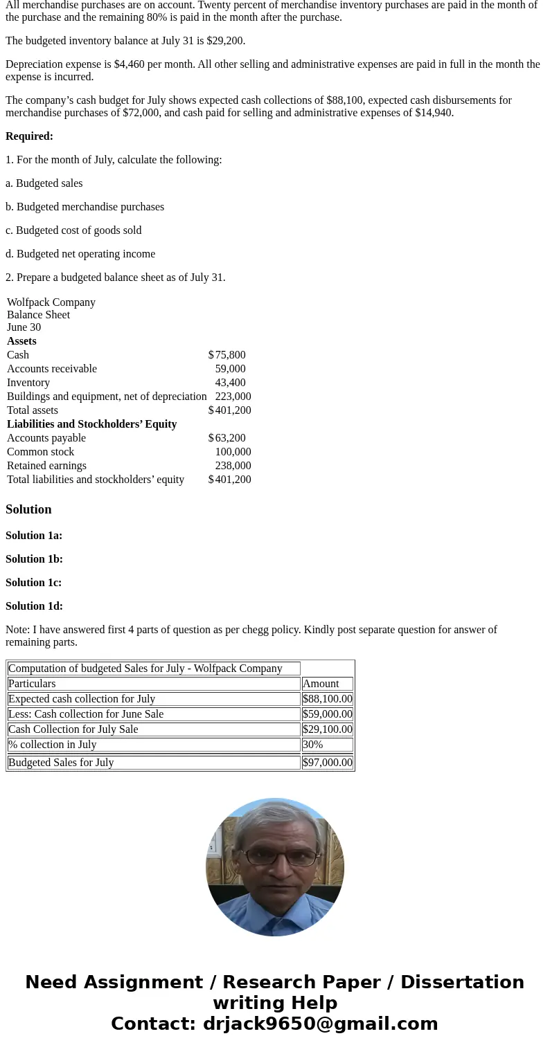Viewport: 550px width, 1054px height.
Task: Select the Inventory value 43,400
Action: click(230, 383)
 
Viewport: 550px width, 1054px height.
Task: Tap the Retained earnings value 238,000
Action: click(233, 466)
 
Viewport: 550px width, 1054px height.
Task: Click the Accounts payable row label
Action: click(46, 438)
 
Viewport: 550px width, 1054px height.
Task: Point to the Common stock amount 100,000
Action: click(233, 452)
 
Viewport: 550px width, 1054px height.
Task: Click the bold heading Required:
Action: click(29, 136)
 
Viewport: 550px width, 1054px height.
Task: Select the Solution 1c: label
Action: click(34, 583)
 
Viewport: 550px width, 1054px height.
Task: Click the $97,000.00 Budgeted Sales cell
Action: click(328, 763)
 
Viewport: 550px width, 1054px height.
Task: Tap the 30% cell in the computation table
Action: click(313, 745)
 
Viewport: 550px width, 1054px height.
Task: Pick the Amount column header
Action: click(321, 684)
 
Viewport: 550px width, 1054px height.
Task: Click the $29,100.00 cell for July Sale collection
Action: click(328, 729)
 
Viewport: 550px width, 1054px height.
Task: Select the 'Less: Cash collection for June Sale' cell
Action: click(86, 714)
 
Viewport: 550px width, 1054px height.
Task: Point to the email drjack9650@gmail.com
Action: click(320, 1024)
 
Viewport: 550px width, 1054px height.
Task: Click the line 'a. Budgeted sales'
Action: click(44, 183)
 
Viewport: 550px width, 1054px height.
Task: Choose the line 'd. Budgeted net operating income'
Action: click(80, 254)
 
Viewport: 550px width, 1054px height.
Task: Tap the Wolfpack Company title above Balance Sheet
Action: click(51, 302)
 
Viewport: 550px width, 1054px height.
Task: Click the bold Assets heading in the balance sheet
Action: click(21, 341)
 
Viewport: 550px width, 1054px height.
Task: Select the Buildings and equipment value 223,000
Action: click(233, 397)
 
